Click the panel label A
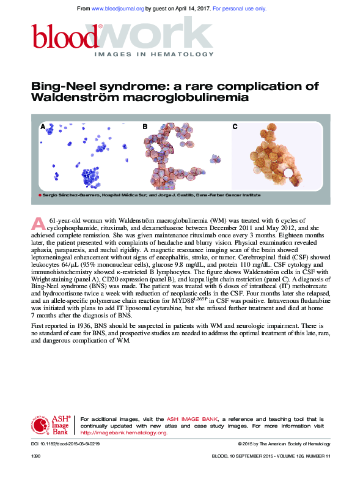coord(43,127)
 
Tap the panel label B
coord(145,127)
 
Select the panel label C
coord(235,127)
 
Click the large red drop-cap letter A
coord(38,223)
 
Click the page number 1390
coord(35,456)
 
